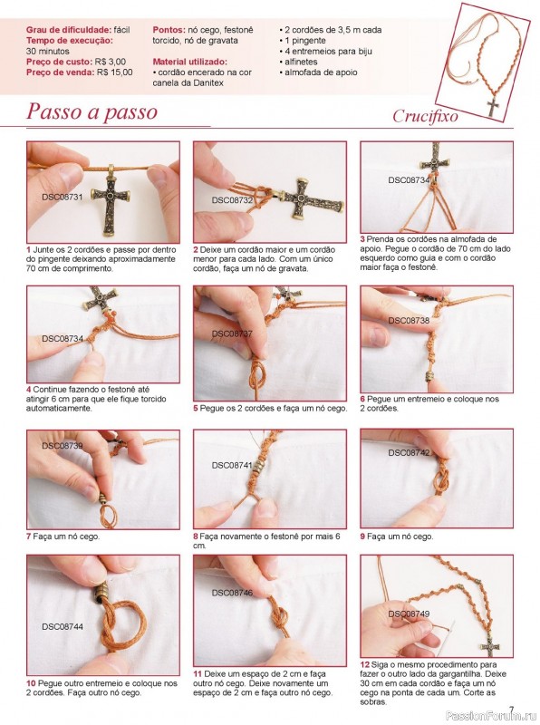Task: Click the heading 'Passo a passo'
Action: click(92, 111)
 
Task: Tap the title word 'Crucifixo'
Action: click(425, 116)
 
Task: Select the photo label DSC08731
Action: click(62, 197)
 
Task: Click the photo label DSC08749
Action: click(409, 614)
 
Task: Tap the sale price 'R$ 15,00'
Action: click(115, 72)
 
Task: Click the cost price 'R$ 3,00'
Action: click(110, 62)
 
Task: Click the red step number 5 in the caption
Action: click(196, 409)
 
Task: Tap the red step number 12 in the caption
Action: click(364, 664)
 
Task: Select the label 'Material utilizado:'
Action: click(189, 62)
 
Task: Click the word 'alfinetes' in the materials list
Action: click(301, 62)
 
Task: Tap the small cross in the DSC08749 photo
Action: click(489, 646)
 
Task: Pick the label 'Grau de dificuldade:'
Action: click(69, 30)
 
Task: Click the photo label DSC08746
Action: click(232, 593)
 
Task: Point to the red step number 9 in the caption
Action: click(363, 536)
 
